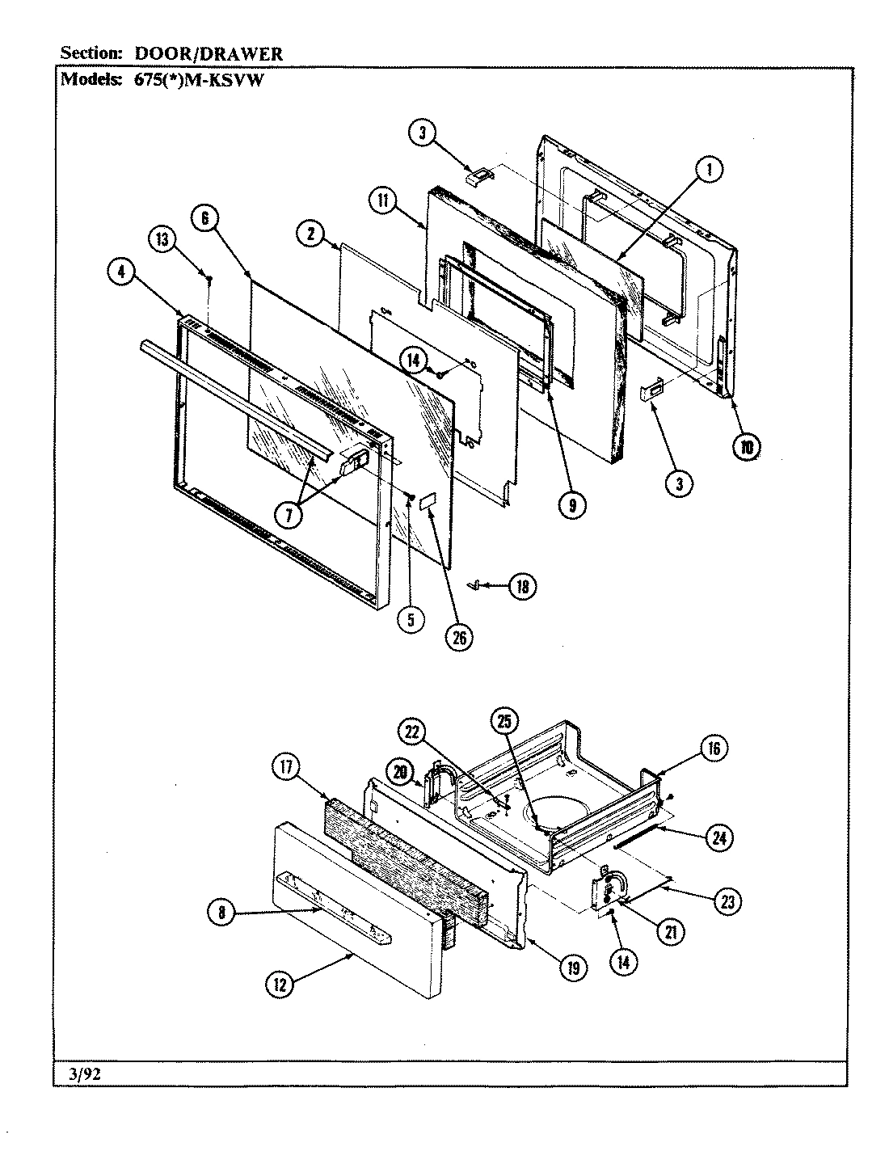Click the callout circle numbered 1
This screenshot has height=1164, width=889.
[x=709, y=170]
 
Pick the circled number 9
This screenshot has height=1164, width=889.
[x=572, y=504]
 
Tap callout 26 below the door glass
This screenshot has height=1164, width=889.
[x=459, y=635]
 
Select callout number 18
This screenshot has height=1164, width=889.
[x=522, y=587]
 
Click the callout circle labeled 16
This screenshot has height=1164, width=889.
[x=714, y=749]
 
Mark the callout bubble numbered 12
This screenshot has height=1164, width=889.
[x=280, y=983]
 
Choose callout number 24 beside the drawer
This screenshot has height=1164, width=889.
[x=717, y=838]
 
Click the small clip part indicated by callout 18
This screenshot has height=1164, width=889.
[x=477, y=583]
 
